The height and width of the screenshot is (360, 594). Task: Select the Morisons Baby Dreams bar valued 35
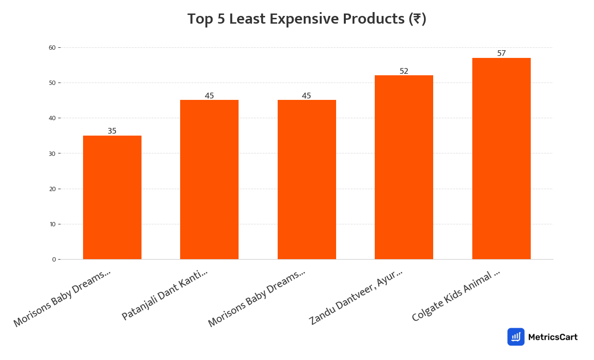[112, 197]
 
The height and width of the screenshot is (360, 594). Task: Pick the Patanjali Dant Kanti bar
[209, 180]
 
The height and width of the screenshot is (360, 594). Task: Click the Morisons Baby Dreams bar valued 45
[307, 180]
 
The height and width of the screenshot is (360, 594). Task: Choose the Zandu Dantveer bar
[404, 167]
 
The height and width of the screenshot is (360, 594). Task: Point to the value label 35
[112, 131]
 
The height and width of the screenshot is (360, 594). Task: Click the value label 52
[404, 71]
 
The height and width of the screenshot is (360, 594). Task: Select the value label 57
[501, 53]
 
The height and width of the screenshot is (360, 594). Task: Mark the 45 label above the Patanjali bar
[209, 96]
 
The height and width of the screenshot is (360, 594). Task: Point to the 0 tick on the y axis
[54, 260]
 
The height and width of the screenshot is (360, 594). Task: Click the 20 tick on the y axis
[52, 189]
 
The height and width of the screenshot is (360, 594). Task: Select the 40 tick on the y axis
[52, 118]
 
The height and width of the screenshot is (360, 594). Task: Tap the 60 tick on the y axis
[52, 47]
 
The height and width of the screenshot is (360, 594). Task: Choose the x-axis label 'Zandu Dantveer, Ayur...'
[356, 297]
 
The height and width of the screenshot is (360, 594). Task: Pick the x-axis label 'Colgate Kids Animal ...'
[456, 296]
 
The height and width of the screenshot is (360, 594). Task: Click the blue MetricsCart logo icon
[516, 337]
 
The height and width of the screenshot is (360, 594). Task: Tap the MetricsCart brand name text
[552, 337]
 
